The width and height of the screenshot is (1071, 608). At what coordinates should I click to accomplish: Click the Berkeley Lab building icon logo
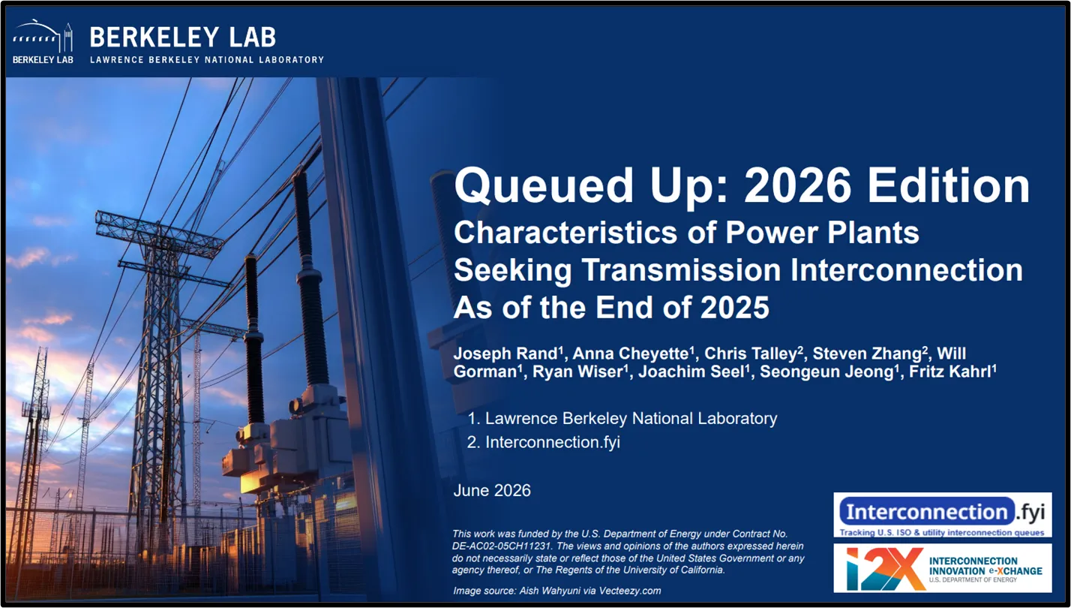[x=43, y=41]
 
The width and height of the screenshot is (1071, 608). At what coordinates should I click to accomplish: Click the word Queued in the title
[x=544, y=186]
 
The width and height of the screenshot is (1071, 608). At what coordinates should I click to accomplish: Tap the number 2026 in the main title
[x=797, y=185]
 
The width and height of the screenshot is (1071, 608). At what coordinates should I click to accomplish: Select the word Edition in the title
[x=949, y=185]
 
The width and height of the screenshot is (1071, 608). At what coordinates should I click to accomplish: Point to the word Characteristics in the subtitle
[x=565, y=233]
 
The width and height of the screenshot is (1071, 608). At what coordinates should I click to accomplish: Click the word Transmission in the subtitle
[x=681, y=269]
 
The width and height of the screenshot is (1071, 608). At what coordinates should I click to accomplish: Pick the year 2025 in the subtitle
[x=734, y=307]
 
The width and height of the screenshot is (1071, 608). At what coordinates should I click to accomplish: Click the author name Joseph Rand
[x=505, y=354]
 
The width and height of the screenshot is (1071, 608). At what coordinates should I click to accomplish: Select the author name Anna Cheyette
[x=631, y=354]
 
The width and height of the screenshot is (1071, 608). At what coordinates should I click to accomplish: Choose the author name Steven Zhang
[x=867, y=354]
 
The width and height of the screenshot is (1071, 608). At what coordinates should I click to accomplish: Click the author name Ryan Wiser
[x=577, y=372]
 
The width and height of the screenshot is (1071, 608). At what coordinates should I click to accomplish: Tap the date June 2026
[x=492, y=491]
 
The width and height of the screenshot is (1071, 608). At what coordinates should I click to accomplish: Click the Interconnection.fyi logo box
[x=943, y=515]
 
